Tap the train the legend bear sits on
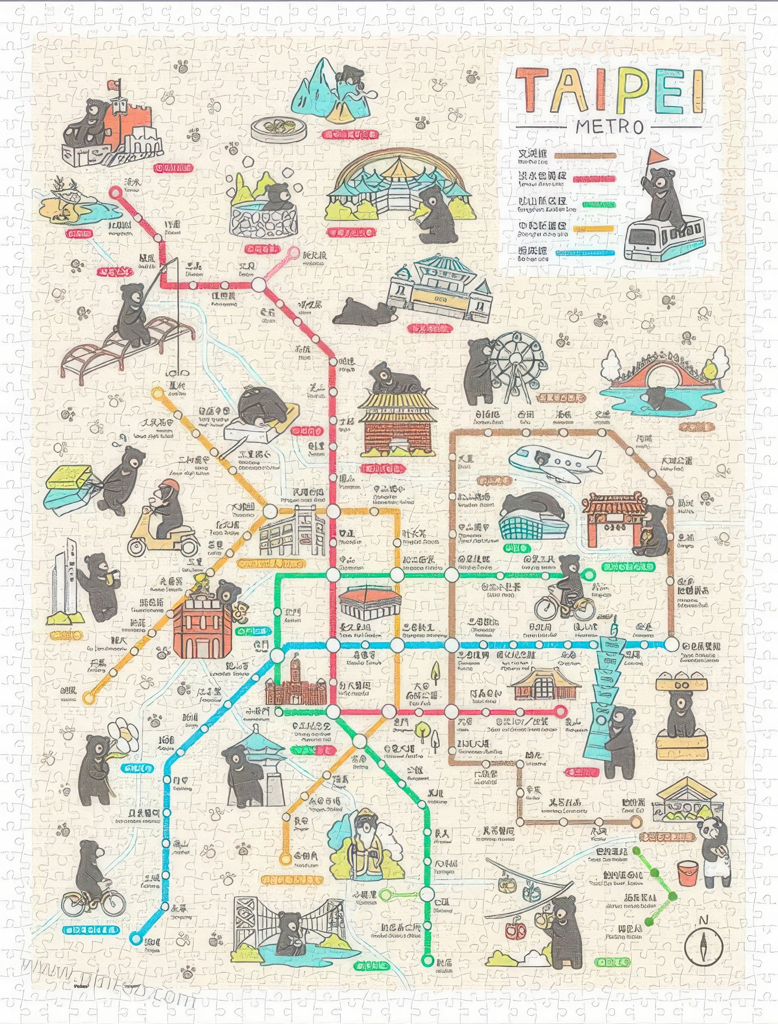click(x=665, y=239)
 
